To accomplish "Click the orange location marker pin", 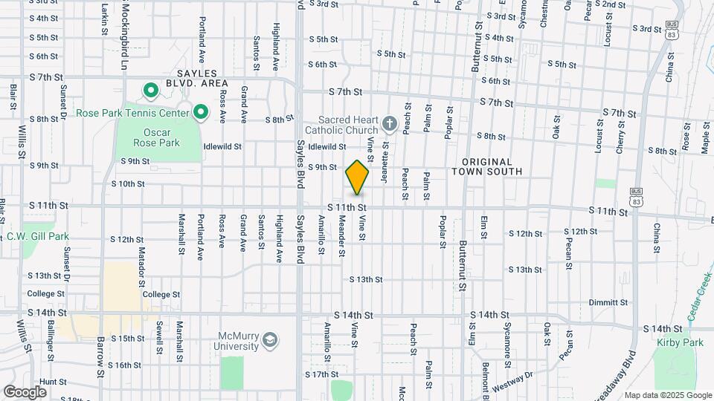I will click(x=357, y=177).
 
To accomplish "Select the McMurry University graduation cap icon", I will click(x=270, y=341).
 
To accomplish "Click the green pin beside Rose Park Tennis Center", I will click(x=200, y=113).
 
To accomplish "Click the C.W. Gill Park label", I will click(x=37, y=237).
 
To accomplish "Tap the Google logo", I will click(x=25, y=391).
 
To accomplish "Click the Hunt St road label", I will click(x=54, y=382).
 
